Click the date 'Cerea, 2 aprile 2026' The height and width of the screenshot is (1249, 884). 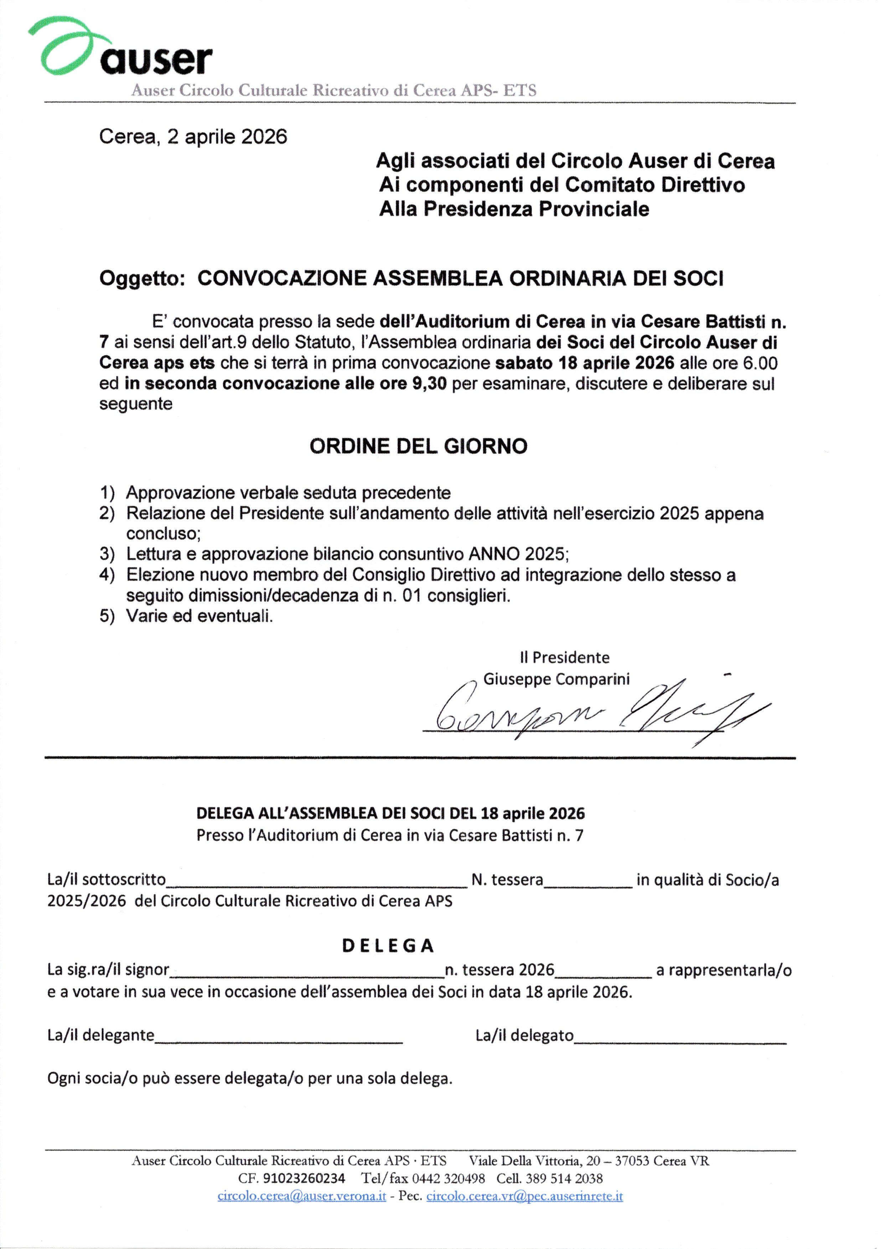[193, 136]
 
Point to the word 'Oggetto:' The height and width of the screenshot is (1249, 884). [142, 279]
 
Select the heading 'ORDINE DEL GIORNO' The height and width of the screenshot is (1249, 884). [418, 446]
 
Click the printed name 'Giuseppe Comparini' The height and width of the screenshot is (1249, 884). [556, 679]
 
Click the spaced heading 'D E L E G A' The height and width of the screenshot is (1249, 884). [388, 946]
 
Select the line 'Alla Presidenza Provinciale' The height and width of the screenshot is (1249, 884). [514, 209]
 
